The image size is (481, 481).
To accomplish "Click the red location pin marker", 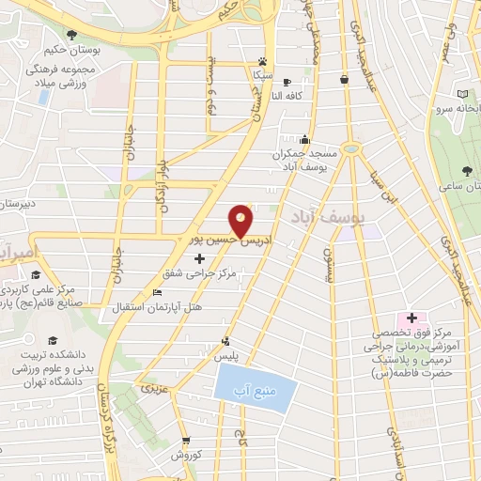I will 242,220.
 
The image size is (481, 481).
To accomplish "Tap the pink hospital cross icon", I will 411,318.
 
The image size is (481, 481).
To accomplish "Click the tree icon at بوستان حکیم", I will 71,34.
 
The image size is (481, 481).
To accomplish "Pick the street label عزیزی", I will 152,387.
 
